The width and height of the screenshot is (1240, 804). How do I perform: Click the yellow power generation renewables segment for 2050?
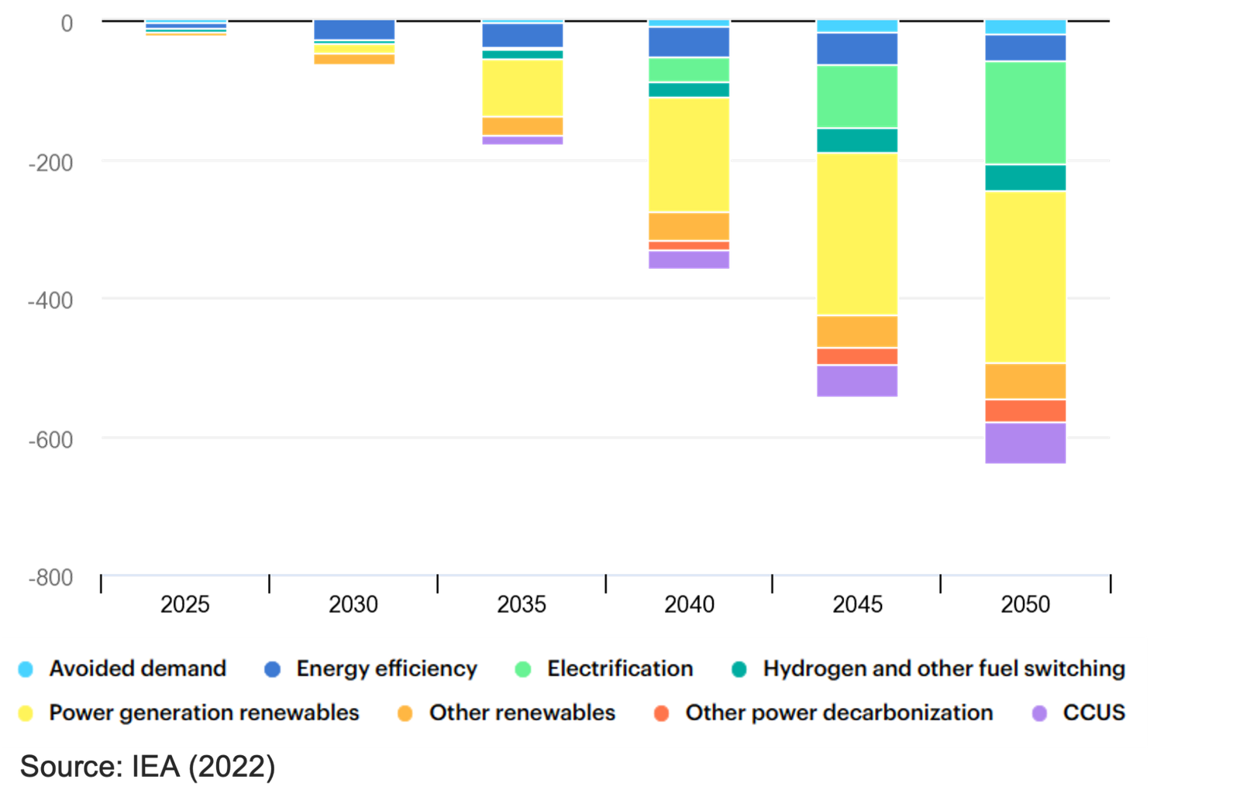[x=1025, y=277]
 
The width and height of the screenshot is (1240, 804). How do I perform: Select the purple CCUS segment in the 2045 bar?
[x=857, y=381]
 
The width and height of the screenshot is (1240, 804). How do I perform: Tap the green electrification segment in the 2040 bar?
[x=689, y=70]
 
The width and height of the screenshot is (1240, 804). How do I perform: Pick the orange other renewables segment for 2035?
[x=522, y=126]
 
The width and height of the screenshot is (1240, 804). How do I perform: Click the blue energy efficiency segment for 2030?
[x=354, y=30]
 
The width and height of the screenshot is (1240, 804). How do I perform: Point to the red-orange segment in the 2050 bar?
[x=1025, y=411]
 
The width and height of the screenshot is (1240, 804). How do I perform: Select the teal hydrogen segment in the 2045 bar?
[x=857, y=140]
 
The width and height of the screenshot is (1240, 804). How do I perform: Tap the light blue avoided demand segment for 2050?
[x=1025, y=27]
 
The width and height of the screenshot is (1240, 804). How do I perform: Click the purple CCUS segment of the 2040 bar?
[x=689, y=259]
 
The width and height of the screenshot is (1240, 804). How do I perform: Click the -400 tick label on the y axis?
[x=51, y=301]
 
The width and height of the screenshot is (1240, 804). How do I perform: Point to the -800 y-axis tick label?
[x=51, y=577]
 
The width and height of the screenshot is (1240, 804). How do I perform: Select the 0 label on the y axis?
[x=67, y=24]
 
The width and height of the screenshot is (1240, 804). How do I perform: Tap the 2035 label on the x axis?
[x=522, y=603]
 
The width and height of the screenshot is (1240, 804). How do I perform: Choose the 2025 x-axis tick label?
[x=185, y=603]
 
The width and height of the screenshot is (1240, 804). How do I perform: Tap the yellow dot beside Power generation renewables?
[x=26, y=713]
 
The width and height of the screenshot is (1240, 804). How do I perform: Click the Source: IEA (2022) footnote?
[x=147, y=767]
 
